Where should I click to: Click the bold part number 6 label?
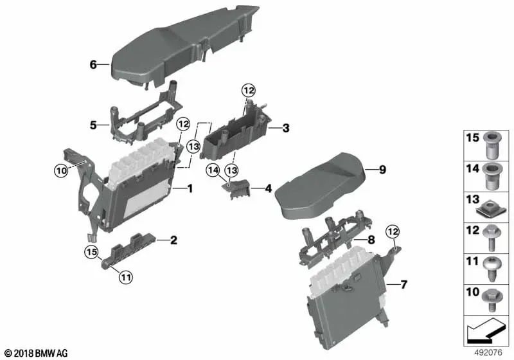point(93,65)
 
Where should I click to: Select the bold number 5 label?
point(93,125)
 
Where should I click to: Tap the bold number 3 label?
point(286,128)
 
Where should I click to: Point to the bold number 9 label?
point(382,170)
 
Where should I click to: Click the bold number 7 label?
point(403,285)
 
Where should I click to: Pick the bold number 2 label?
point(173,240)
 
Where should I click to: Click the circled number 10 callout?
point(61,170)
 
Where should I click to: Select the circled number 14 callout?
point(213,170)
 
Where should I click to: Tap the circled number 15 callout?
point(91,252)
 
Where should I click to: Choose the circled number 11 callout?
point(126,278)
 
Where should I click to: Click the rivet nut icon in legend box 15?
point(490,144)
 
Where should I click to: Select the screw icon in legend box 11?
point(490,269)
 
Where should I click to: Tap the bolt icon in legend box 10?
point(491,300)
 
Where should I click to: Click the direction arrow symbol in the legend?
point(486,329)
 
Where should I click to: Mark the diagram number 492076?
point(488,353)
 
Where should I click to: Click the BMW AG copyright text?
point(37,354)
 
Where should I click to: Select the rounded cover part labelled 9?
point(319,185)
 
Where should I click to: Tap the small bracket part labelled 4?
point(236,190)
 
